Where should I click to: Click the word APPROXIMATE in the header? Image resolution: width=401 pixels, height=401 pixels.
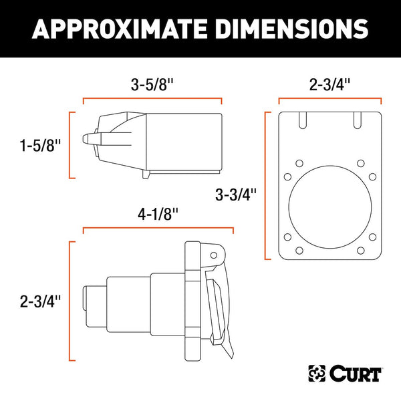pyautogui.click(x=124, y=29)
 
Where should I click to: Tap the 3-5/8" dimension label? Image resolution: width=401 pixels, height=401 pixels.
pyautogui.click(x=152, y=86)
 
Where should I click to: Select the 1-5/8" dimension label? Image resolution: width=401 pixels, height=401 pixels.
pyautogui.click(x=40, y=145)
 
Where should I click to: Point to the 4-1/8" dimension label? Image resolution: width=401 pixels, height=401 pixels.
pyautogui.click(x=158, y=215)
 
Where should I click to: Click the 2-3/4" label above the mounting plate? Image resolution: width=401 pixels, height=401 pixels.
pyautogui.click(x=329, y=86)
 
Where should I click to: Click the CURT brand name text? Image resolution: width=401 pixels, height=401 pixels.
pyautogui.click(x=354, y=372)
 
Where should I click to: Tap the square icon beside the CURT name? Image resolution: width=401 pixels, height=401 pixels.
pyautogui.click(x=317, y=372)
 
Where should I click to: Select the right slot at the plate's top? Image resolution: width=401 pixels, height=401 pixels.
pyautogui.click(x=356, y=122)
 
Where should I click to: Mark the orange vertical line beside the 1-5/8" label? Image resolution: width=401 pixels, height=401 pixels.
pyautogui.click(x=71, y=145)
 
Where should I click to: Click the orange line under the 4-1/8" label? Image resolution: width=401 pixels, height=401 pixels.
pyautogui.click(x=158, y=229)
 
